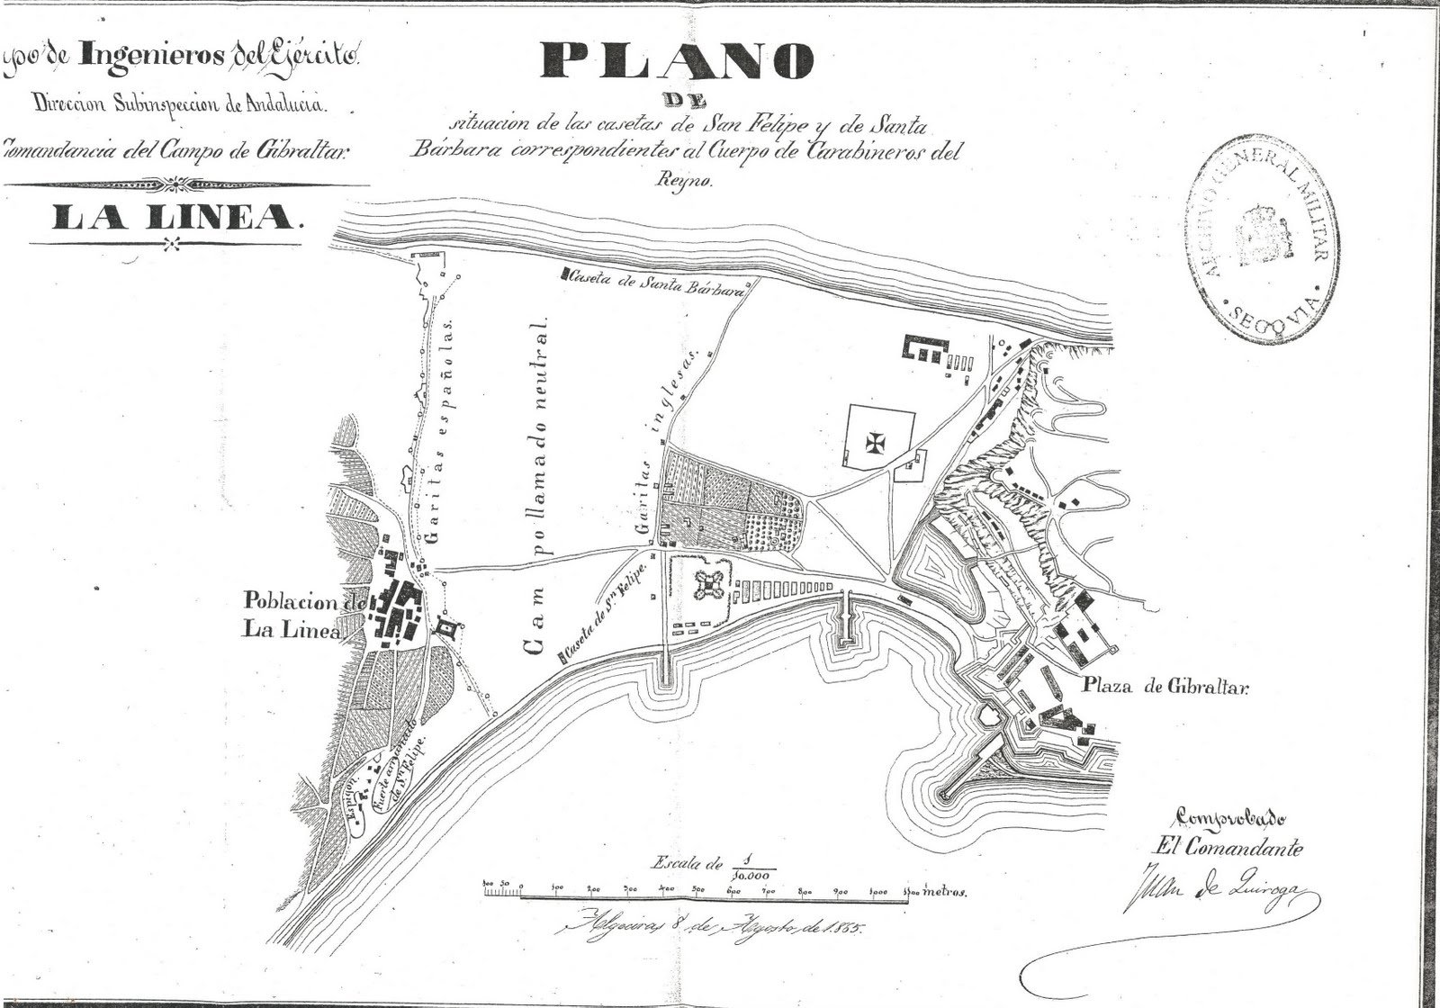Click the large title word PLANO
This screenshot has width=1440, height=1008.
pos(677,61)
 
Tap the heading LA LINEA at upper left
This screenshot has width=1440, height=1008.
pos(173,217)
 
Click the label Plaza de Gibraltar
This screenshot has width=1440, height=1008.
pos(1166,687)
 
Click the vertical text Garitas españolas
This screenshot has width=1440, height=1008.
pos(440,433)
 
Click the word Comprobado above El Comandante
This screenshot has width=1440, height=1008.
pos(1230,817)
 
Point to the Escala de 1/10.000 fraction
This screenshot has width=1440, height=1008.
pos(711,866)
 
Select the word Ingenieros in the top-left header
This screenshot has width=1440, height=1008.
pos(151,56)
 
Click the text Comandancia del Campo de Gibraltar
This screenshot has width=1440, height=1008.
pos(175,150)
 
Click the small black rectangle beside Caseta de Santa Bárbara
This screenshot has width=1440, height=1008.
pos(564,272)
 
